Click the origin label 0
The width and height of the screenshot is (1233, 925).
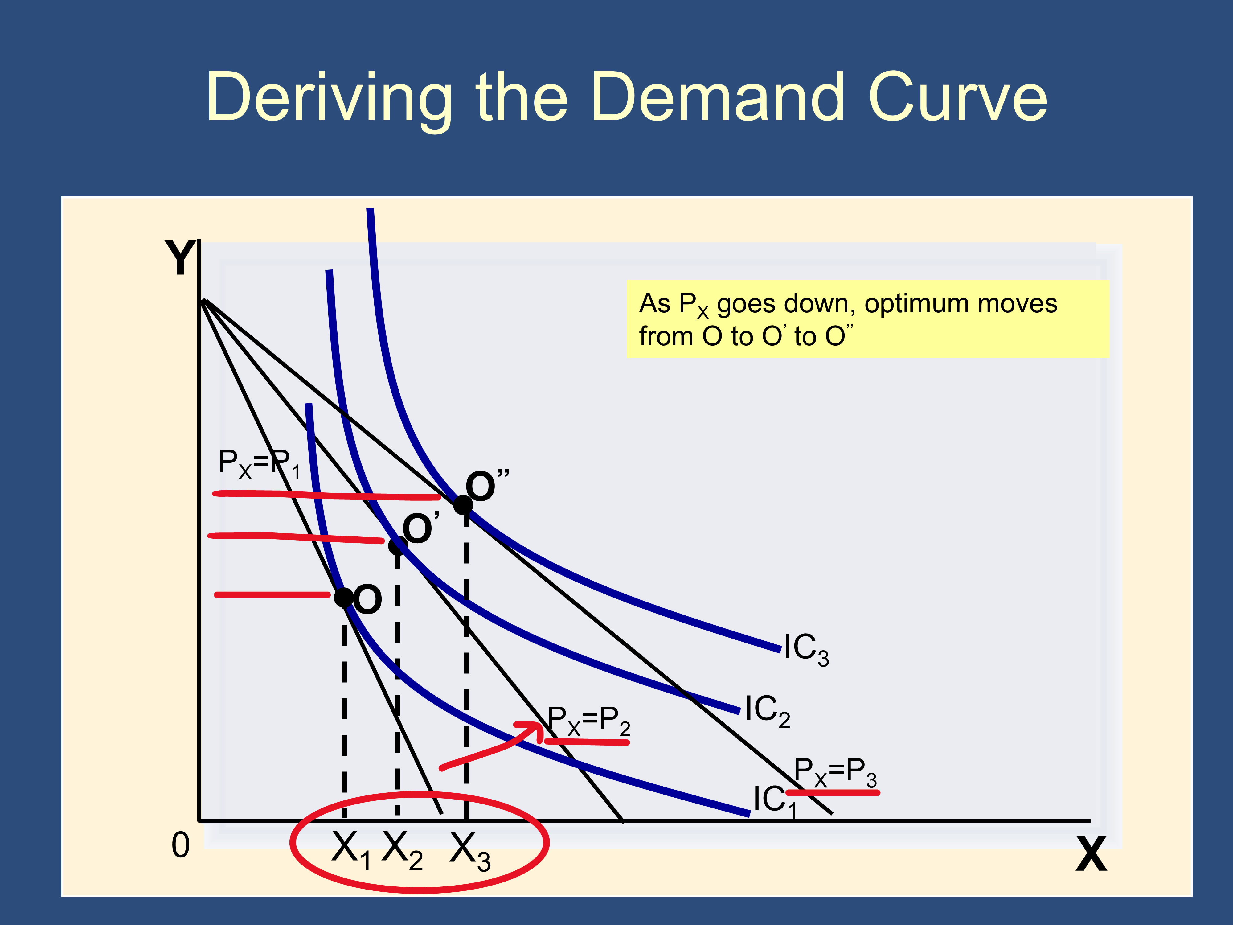point(181,845)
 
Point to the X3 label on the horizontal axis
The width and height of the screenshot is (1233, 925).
point(470,851)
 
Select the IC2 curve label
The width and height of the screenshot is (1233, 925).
point(768,711)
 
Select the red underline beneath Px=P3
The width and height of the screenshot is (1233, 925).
point(833,792)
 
